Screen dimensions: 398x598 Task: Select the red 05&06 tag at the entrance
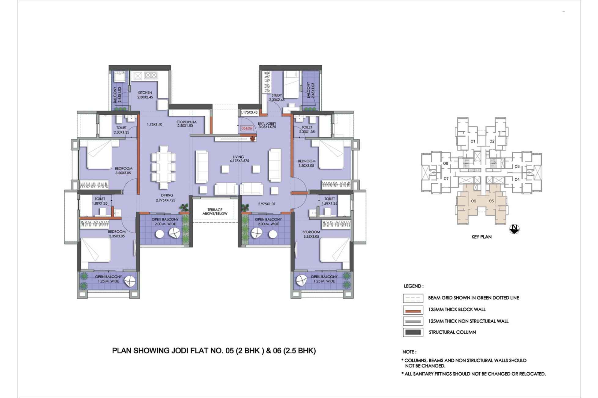(247, 128)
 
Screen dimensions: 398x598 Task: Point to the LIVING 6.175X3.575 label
(238, 159)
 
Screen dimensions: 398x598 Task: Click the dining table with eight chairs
(164, 168)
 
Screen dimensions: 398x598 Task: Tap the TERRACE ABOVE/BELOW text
(215, 212)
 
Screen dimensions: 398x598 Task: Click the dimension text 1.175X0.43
(249, 112)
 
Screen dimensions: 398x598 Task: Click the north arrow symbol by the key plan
(514, 229)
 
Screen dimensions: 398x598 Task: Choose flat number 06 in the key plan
(474, 201)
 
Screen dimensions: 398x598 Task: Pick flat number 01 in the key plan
(473, 141)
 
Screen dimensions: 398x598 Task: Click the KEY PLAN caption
(481, 237)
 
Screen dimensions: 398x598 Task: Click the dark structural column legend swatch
(413, 332)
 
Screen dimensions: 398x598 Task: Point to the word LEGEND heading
(414, 286)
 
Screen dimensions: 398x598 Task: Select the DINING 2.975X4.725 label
(167, 198)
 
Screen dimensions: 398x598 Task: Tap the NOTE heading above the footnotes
(409, 352)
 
